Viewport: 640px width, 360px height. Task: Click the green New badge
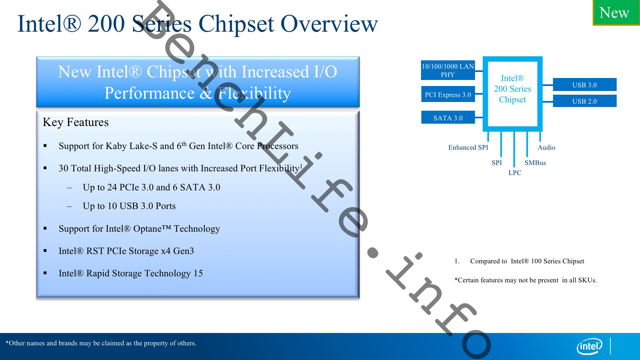tap(616, 13)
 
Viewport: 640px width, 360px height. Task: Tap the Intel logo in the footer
tap(589, 347)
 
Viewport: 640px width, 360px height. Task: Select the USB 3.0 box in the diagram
tap(584, 85)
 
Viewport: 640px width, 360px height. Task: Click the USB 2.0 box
tap(584, 101)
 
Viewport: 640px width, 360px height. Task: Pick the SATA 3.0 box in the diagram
tap(448, 118)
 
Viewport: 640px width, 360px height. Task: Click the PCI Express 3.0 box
tap(448, 95)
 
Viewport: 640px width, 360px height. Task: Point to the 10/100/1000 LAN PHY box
tap(448, 70)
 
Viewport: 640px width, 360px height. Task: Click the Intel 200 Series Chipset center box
tap(512, 89)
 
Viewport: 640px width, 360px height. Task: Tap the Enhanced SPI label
tap(468, 147)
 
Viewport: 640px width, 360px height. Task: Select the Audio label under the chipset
tap(546, 147)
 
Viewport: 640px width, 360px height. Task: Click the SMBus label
tap(535, 163)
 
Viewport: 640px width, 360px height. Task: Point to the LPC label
tap(515, 173)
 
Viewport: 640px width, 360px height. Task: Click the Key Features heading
tap(76, 122)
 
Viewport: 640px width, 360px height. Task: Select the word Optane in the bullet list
tap(147, 229)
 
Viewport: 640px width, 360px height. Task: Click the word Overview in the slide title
tap(329, 24)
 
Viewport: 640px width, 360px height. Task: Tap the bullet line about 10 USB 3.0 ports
tap(129, 206)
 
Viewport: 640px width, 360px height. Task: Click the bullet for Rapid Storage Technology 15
tap(131, 273)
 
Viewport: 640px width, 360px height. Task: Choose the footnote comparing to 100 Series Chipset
tap(527, 261)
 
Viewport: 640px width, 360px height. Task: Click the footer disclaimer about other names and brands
tap(101, 343)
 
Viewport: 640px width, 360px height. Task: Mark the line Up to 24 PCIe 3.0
tap(151, 187)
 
